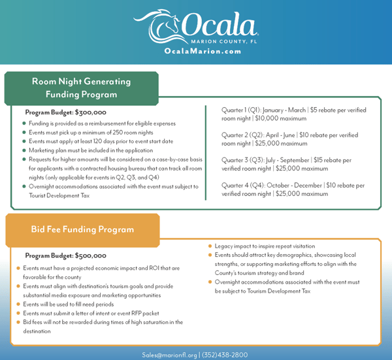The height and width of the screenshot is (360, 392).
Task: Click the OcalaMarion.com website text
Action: click(x=196, y=52)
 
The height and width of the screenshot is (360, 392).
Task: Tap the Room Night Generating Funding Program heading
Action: click(x=82, y=88)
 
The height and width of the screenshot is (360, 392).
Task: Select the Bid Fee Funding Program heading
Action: click(x=82, y=229)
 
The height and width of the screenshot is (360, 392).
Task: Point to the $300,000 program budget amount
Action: click(x=91, y=112)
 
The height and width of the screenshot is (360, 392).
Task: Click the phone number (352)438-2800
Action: click(x=226, y=354)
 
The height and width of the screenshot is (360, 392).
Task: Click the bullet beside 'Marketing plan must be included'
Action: click(x=24, y=150)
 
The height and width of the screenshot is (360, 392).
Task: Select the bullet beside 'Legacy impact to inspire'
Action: click(x=210, y=246)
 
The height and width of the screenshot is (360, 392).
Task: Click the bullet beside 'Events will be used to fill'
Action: click(x=18, y=304)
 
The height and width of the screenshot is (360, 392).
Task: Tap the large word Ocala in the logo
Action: click(x=219, y=25)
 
